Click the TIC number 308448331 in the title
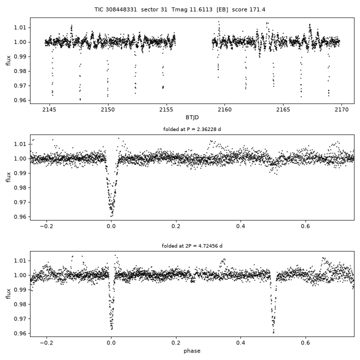[121, 9]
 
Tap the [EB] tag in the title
[222, 9]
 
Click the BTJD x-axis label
[192, 117]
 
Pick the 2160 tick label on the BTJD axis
[224, 109]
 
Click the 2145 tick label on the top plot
[49, 109]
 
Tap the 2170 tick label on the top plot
[341, 109]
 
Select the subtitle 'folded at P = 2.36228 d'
[192, 129]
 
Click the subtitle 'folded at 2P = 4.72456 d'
[192, 246]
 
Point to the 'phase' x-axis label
[192, 351]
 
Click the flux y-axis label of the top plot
[8, 60]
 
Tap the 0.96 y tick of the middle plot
[20, 216]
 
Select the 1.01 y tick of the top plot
[20, 27]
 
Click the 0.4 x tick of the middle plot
[240, 226]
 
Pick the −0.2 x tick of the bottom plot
[46, 343]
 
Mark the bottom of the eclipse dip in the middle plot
[111, 216]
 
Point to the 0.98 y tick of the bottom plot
[20, 304]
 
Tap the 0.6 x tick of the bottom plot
[305, 343]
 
